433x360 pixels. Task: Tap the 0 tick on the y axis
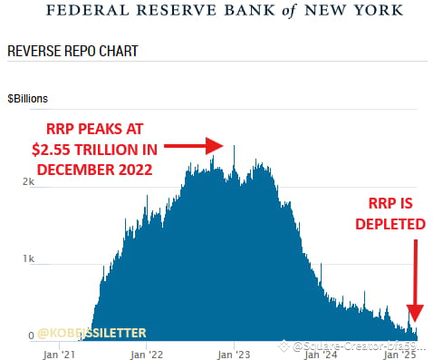click(32, 336)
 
